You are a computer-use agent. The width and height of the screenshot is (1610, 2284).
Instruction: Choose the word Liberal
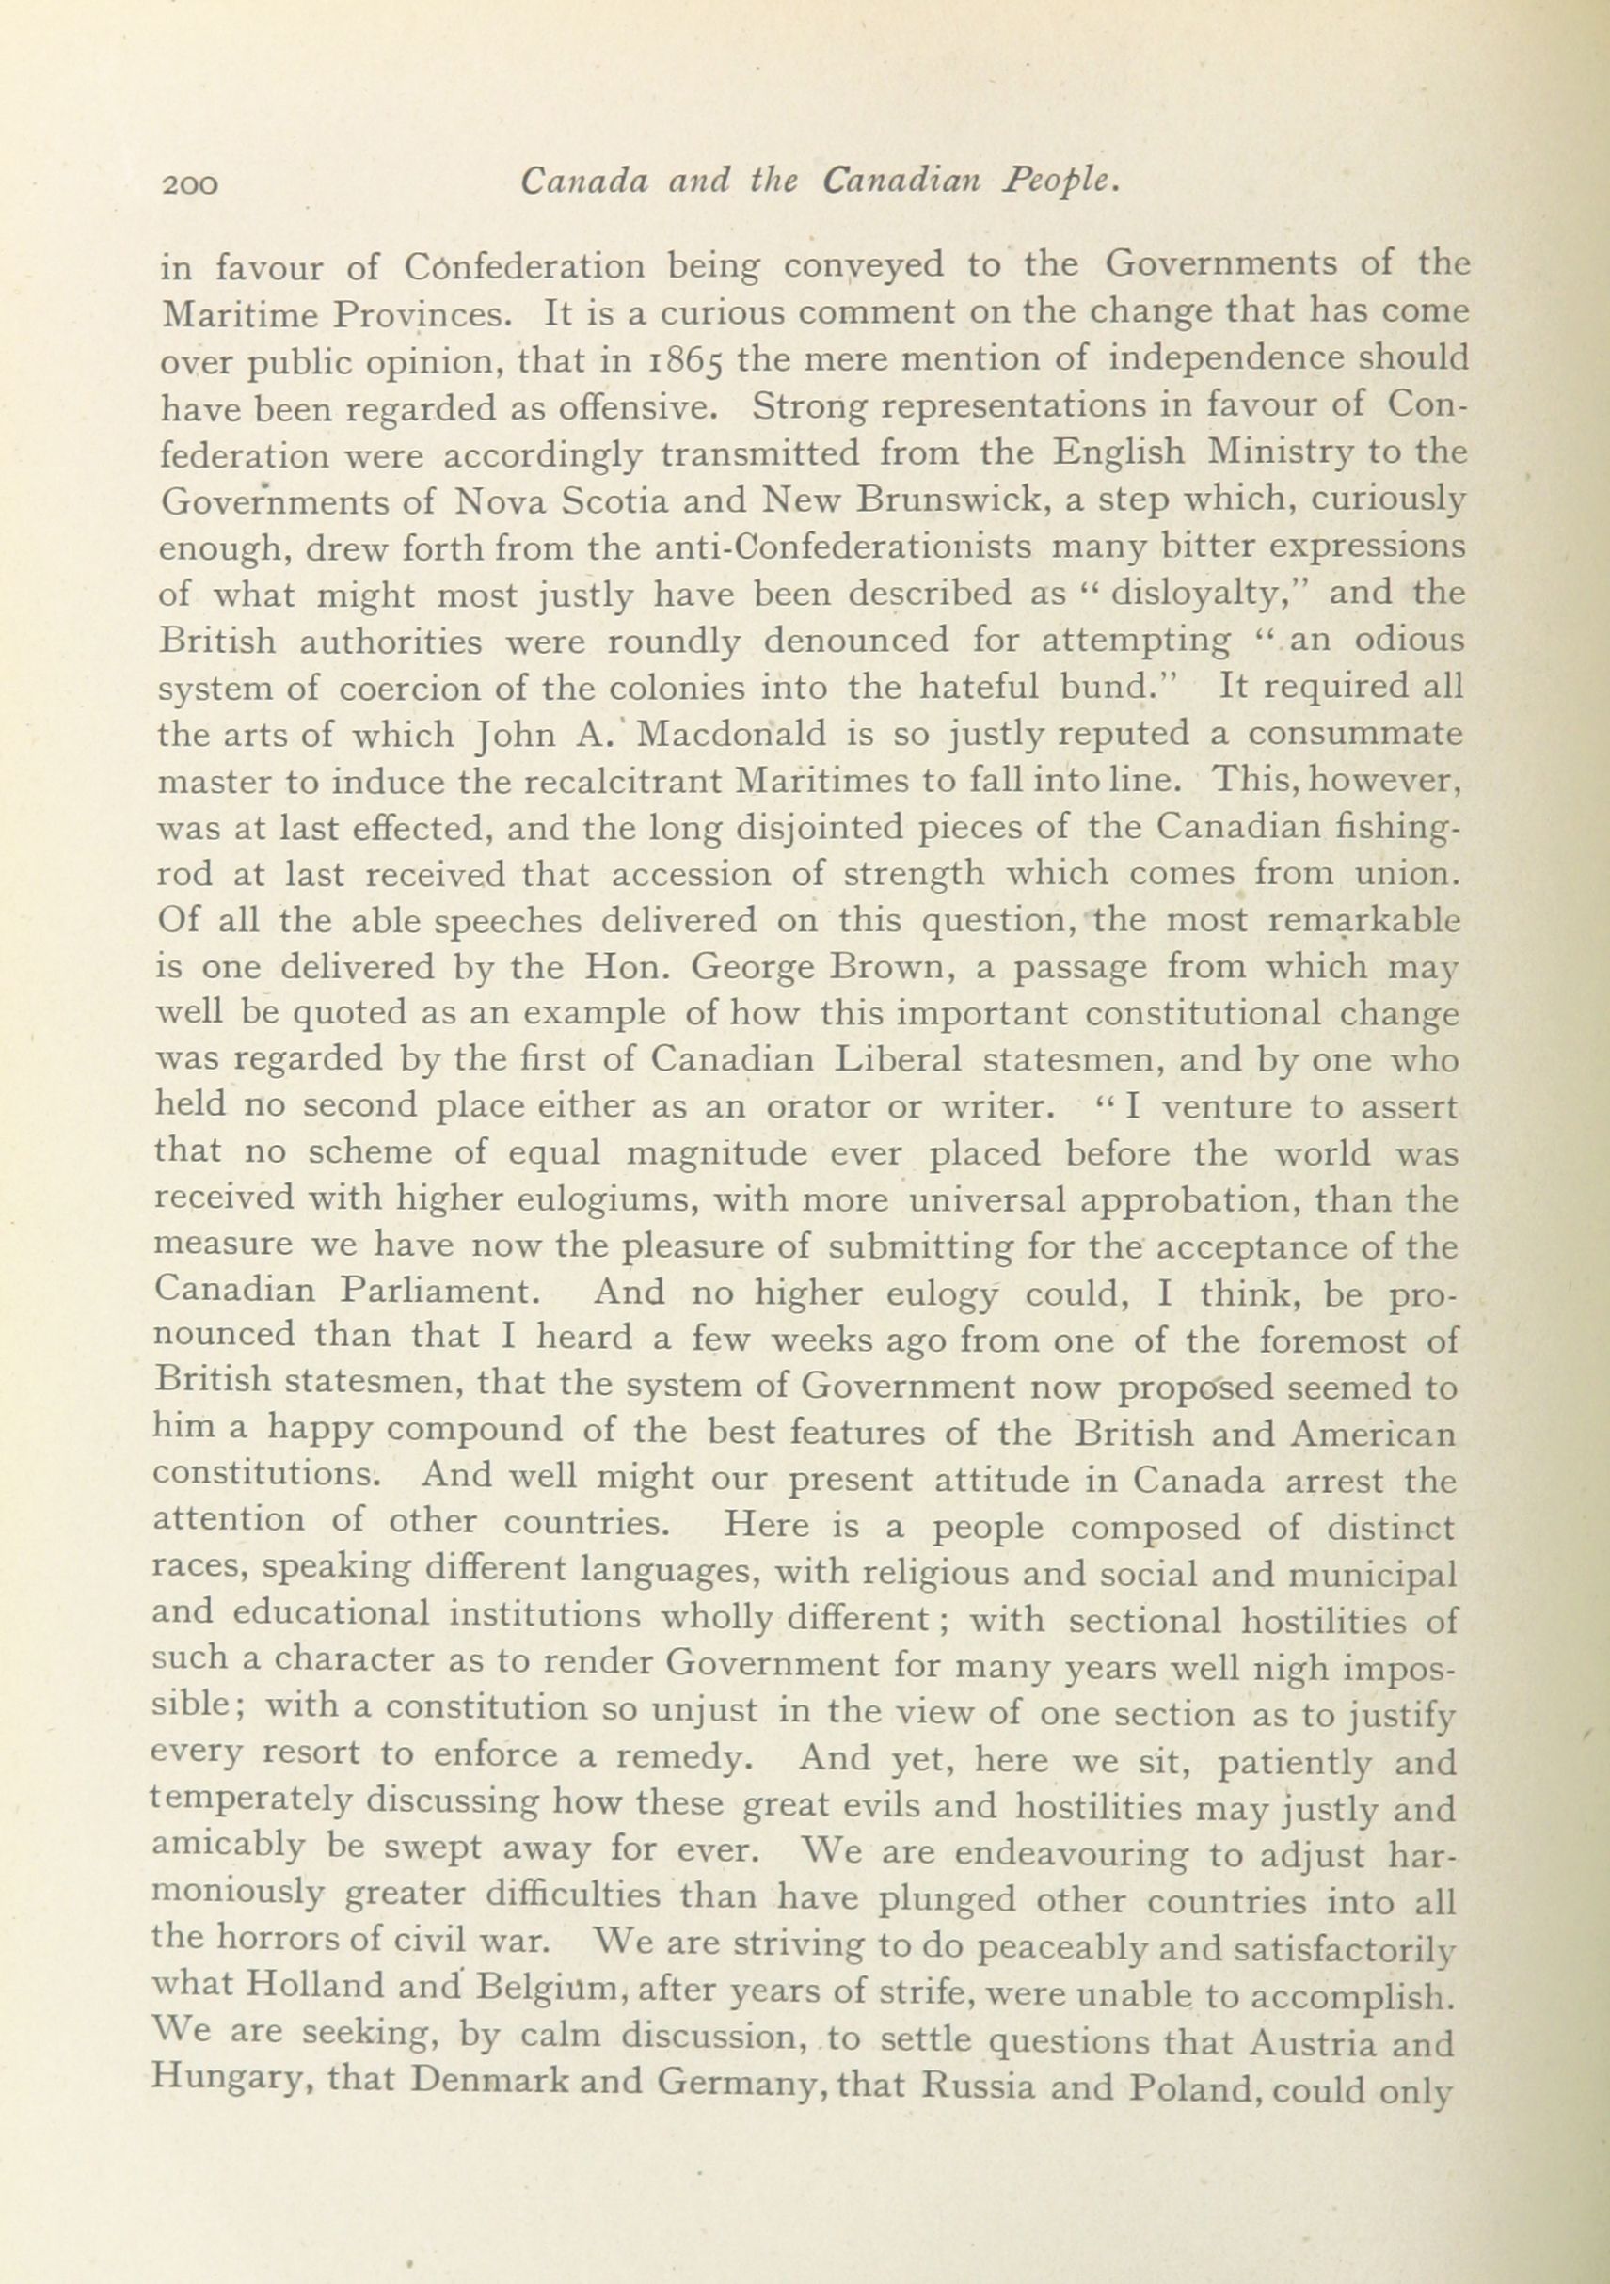(x=898, y=1060)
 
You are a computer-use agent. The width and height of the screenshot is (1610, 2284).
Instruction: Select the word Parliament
(x=438, y=1293)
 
